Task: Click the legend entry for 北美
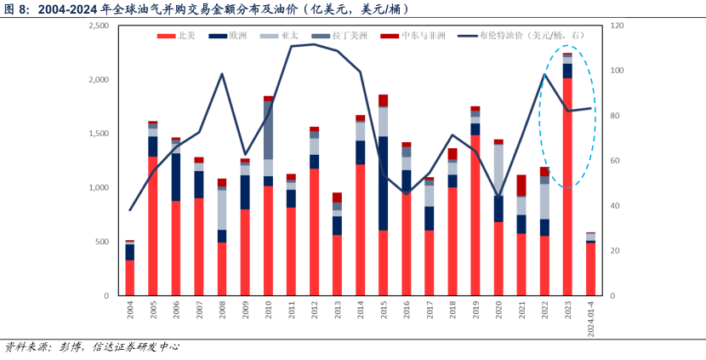(x=185, y=37)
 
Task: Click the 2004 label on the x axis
(x=130, y=308)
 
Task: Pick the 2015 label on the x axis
(x=384, y=308)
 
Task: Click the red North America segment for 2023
(x=567, y=187)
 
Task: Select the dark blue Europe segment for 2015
(x=384, y=183)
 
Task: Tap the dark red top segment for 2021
(x=521, y=185)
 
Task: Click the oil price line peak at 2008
(x=222, y=74)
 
